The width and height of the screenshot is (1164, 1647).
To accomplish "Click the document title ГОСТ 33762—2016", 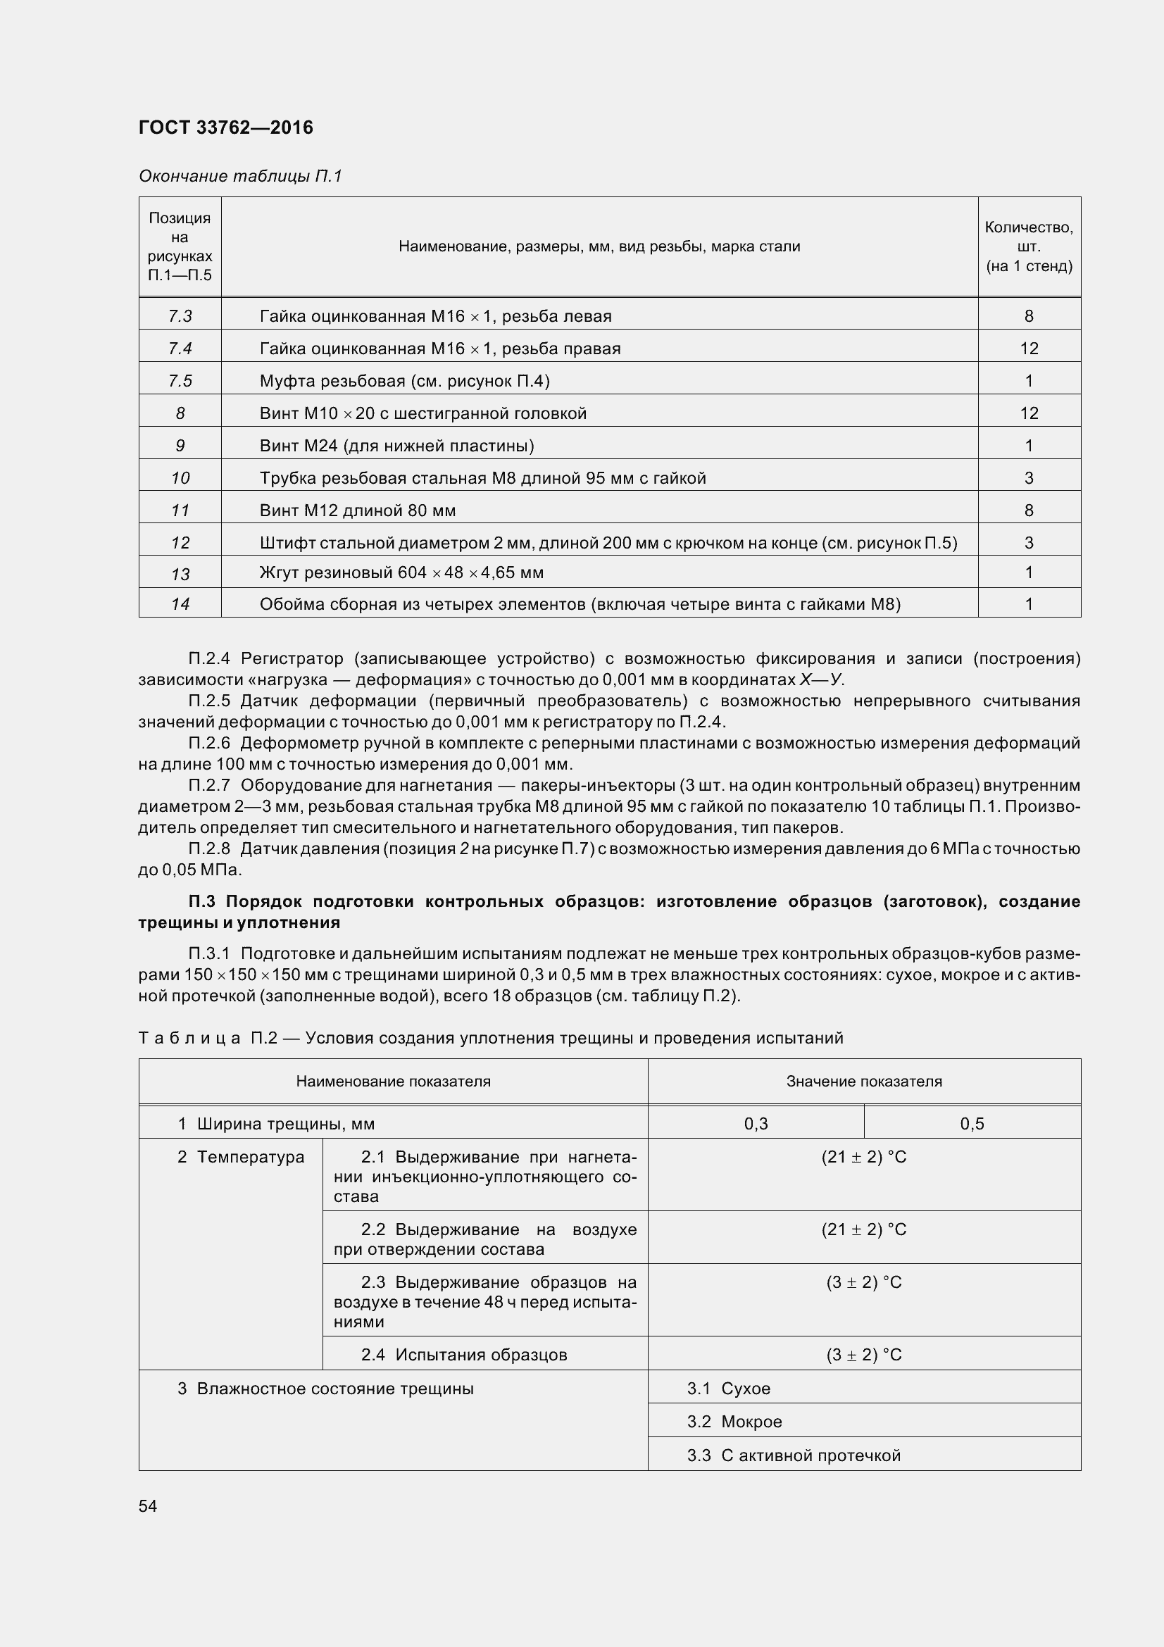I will pos(225,127).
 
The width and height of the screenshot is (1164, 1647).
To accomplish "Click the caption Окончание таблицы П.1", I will pos(240,176).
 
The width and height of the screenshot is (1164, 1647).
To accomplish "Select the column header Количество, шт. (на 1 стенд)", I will pos(1029,246).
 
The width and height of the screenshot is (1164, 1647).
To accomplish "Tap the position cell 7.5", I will pos(180,381).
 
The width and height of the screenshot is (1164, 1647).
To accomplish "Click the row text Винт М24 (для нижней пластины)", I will pos(396,446).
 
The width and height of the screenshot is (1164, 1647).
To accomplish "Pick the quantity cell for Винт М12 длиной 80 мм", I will pos(1029,510).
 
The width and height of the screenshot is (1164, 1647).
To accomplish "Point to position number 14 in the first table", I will pos(180,604).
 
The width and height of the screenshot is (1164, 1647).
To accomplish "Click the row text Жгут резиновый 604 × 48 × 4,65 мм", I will pos(401,572).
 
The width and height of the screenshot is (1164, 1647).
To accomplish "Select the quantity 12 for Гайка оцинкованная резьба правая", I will pos(1029,349).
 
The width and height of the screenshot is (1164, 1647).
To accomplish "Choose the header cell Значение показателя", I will pos(863,1081).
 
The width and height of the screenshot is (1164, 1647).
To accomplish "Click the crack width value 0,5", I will pos(972,1124).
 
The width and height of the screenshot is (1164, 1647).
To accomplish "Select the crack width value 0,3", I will pos(756,1124).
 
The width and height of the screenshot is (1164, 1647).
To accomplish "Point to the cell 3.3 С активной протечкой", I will pos(793,1455).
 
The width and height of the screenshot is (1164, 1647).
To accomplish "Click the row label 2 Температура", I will pos(241,1157).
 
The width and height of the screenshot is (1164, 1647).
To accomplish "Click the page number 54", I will pos(148,1505).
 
